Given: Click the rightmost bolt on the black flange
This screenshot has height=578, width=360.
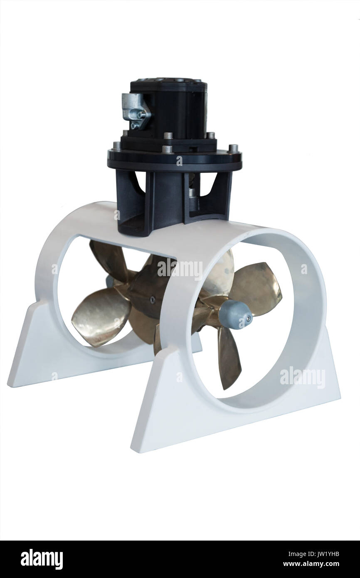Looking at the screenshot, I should click(x=234, y=148).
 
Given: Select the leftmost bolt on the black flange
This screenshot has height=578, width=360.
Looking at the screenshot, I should click(x=117, y=146).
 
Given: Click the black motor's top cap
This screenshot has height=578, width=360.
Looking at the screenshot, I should click(x=169, y=83).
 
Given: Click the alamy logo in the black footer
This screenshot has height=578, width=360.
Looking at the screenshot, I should click(x=42, y=559).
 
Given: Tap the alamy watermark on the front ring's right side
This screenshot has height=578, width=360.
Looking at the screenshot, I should click(x=302, y=377).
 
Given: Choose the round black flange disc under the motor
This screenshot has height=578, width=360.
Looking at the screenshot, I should click(x=175, y=160).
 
